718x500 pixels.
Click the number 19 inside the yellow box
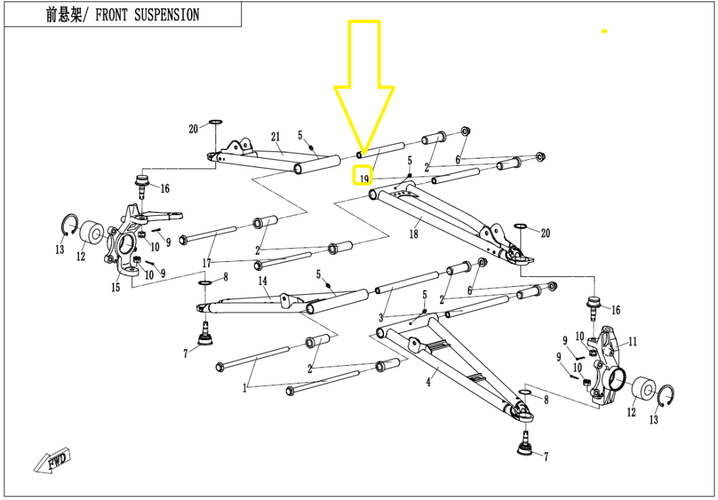(x=365, y=177)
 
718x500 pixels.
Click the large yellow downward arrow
(x=364, y=86)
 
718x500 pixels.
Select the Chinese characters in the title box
(x=66, y=14)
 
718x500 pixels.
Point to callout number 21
(x=275, y=137)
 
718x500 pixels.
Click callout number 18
(x=414, y=234)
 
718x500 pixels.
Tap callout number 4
(x=428, y=382)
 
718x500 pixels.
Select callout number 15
(x=116, y=288)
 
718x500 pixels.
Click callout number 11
(x=633, y=341)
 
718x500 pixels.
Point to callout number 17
(x=208, y=263)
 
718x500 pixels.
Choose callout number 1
(x=245, y=388)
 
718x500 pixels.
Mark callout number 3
(x=381, y=317)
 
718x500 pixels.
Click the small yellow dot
(x=605, y=32)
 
